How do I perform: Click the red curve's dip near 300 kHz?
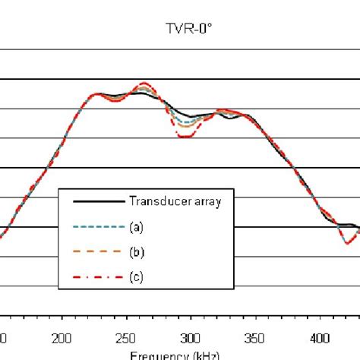click(x=184, y=136)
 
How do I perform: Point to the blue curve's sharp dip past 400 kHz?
click(x=346, y=242)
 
